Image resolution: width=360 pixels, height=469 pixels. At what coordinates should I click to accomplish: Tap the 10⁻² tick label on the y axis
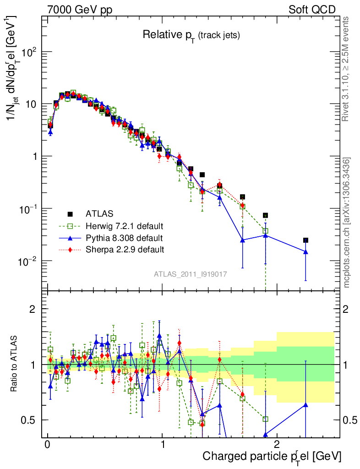click(x=27, y=261)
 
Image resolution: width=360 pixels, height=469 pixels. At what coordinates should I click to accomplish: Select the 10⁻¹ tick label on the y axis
click(x=27, y=209)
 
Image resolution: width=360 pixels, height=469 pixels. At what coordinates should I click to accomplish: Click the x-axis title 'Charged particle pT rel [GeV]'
click(x=272, y=456)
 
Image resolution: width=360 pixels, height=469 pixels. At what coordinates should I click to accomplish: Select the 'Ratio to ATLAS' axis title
click(x=15, y=364)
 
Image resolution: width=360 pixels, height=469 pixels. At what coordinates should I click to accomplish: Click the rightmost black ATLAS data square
click(x=305, y=240)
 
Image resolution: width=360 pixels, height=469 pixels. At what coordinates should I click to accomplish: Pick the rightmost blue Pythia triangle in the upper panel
click(x=305, y=252)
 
